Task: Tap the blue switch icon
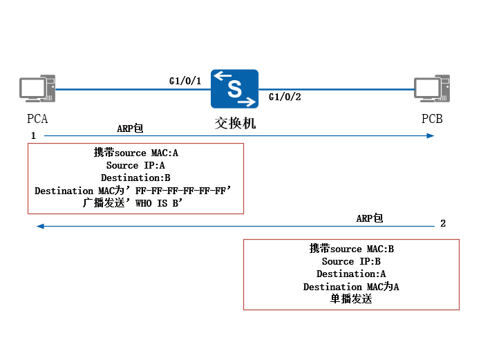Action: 234,88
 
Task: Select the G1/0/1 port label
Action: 185,82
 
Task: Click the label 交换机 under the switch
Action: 235,124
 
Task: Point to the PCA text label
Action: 37,119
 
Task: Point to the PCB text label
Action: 432,119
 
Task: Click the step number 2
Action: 443,224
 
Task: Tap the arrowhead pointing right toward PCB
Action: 430,136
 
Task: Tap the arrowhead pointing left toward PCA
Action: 41,226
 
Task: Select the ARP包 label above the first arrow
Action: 130,128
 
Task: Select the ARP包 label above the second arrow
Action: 370,218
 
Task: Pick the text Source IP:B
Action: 351,262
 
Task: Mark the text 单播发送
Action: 351,299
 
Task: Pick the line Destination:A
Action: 351,274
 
